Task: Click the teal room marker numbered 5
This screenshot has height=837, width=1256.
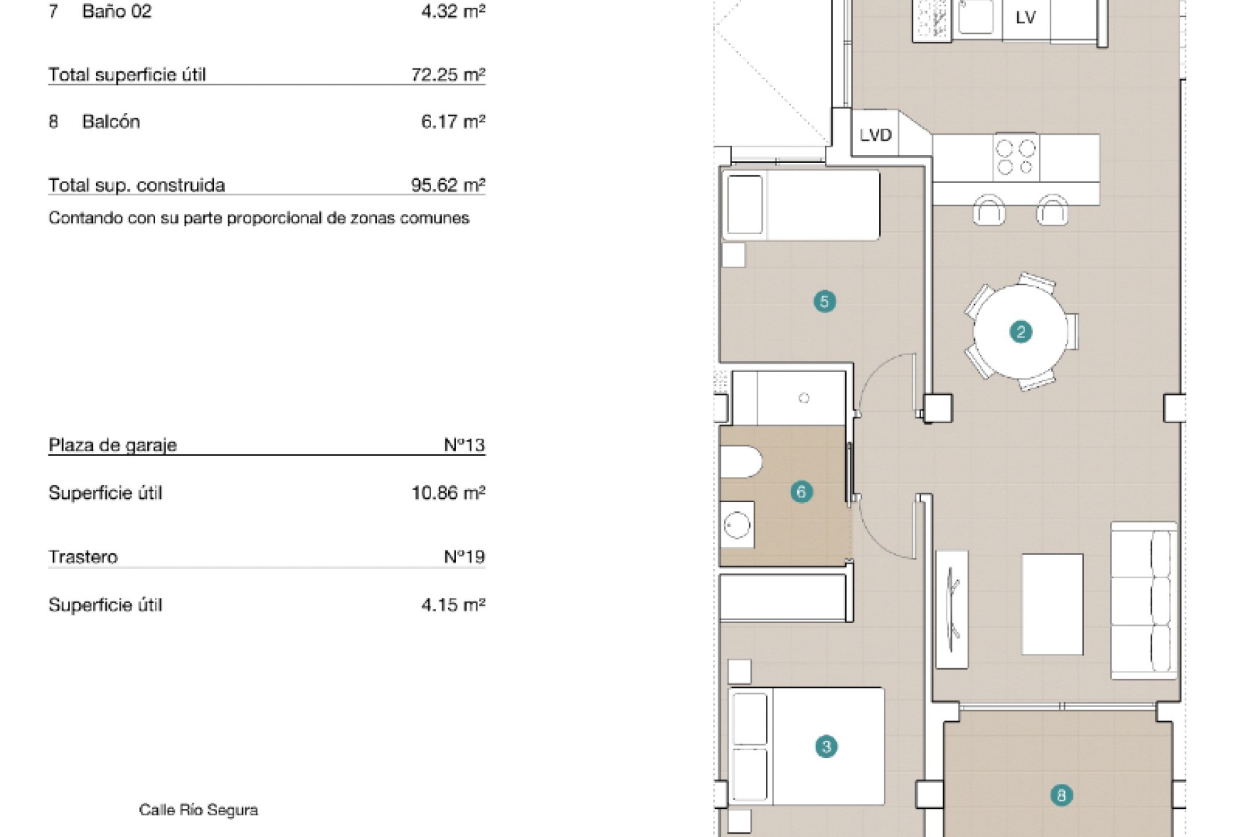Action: coord(824,301)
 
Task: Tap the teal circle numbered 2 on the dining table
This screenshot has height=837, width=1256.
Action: coord(1020,332)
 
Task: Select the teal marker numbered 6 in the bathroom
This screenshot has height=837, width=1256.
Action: coord(801,492)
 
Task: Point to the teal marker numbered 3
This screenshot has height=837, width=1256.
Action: coord(826,747)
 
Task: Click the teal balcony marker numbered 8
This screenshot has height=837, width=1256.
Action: coord(1061,796)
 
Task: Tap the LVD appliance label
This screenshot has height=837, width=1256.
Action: coord(875,135)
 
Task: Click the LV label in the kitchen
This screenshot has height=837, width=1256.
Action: coord(1026,18)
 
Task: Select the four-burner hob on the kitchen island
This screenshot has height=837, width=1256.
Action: coord(1017,157)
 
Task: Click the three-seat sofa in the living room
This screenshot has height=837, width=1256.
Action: coord(1143,600)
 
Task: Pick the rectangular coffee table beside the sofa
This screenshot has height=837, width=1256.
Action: coord(1053,604)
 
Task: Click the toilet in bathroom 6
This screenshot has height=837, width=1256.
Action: coord(741,462)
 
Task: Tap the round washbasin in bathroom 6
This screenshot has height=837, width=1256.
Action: coord(737,524)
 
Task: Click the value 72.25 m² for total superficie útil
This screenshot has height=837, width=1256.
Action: coord(448,75)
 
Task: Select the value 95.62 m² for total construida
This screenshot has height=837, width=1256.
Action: coord(448,185)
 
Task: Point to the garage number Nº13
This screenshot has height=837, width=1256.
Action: coord(464,445)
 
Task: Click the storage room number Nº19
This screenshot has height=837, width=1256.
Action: coord(464,557)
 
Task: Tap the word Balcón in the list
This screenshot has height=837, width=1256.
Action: coord(111,122)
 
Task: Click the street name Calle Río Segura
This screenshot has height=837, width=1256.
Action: coord(198,810)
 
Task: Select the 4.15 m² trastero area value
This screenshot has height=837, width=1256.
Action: coord(453,605)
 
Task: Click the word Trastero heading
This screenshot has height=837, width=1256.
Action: coord(83,557)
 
